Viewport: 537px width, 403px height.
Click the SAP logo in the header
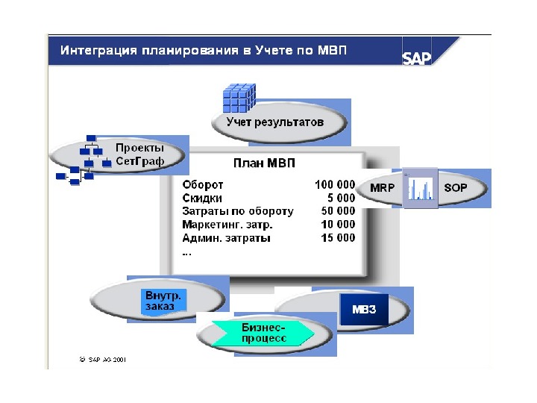[416, 58]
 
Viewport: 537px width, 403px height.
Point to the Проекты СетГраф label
[139, 154]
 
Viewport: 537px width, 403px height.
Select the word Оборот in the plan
[203, 184]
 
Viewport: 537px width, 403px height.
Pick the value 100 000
[335, 184]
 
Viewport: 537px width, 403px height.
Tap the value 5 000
[342, 198]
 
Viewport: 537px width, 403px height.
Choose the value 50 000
[338, 211]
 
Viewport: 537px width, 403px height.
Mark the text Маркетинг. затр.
[227, 225]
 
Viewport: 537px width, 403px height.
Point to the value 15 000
[338, 238]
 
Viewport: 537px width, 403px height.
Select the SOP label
[455, 188]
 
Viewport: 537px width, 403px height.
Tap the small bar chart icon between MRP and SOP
[419, 188]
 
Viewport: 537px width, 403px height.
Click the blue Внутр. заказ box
[163, 301]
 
